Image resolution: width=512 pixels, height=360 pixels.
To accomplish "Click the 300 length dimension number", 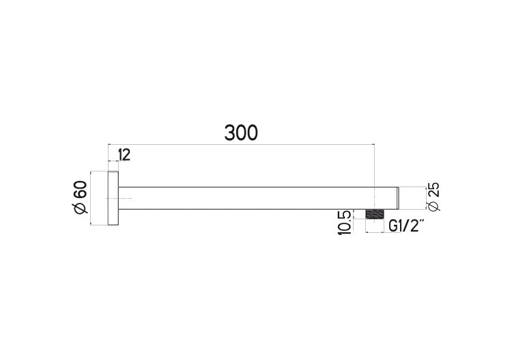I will [x=241, y=133].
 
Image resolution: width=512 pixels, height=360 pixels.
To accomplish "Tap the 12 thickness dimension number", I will [x=124, y=155].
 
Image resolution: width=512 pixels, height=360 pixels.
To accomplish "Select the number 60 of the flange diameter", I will [x=81, y=190].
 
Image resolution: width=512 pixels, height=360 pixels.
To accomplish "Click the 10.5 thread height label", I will [x=345, y=223].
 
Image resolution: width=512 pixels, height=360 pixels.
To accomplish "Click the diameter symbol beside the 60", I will [x=81, y=210].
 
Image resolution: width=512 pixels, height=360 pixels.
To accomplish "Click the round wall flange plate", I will [x=113, y=198].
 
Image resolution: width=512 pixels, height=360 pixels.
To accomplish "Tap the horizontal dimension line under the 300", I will [x=241, y=144].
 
